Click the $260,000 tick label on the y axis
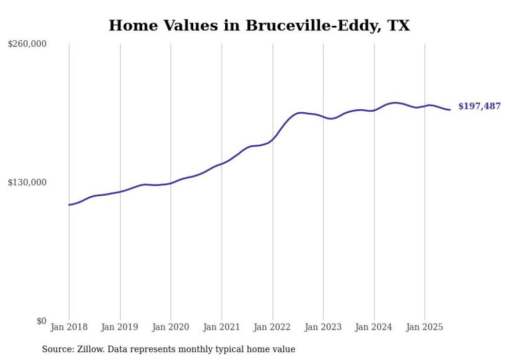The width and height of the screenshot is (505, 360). pos(27,44)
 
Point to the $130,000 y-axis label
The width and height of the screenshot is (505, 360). pos(27,182)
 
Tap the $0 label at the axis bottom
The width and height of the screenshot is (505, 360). pos(41,321)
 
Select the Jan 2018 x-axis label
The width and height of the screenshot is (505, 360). pos(69,327)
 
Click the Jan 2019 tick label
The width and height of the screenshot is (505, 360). pos(120,327)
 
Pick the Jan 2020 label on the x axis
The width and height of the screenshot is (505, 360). pos(171,327)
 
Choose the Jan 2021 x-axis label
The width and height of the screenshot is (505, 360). pos(222,327)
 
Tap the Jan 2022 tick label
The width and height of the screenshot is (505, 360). pos(273,327)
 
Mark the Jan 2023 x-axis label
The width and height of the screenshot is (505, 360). pos(323,327)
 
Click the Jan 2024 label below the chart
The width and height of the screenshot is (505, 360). pos(374,327)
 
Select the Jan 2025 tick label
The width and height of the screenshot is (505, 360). pos(425,327)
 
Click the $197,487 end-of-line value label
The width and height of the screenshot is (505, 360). pos(479,107)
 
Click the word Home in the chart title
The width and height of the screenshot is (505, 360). pos(131,26)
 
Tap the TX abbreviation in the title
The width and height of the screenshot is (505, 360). pos(398,26)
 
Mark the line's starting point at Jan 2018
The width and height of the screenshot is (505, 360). pos(69,205)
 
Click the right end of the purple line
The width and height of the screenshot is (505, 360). pos(450,110)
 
